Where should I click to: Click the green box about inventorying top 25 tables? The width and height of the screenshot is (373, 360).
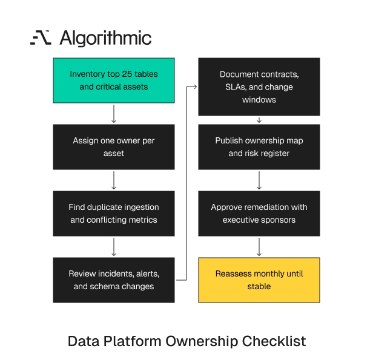pyautogui.click(x=114, y=80)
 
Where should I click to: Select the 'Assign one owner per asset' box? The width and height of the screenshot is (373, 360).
pyautogui.click(x=114, y=147)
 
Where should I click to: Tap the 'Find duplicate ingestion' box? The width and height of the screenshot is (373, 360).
pyautogui.click(x=114, y=214)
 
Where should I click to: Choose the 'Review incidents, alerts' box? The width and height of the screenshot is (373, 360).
pyautogui.click(x=114, y=280)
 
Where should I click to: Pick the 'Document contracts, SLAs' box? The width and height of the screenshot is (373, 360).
pyautogui.click(x=259, y=87)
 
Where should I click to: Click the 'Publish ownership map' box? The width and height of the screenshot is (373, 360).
pyautogui.click(x=259, y=147)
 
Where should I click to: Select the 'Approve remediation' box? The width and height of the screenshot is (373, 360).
pyautogui.click(x=259, y=214)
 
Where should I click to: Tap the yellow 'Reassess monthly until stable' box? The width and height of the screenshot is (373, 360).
pyautogui.click(x=259, y=280)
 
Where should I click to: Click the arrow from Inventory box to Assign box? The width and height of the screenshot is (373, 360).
pyautogui.click(x=114, y=114)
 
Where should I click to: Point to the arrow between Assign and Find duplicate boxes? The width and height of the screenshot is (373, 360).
pyautogui.click(x=114, y=180)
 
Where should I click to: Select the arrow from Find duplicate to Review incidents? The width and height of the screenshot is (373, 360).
pyautogui.click(x=114, y=247)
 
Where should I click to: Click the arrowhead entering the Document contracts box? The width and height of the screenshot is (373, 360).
pyautogui.click(x=195, y=87)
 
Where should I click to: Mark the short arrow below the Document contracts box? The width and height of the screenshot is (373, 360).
pyautogui.click(x=259, y=120)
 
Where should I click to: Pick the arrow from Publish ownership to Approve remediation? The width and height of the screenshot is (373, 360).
pyautogui.click(x=259, y=180)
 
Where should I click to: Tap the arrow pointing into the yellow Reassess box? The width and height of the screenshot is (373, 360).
pyautogui.click(x=259, y=247)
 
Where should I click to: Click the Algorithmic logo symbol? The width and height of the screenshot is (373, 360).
pyautogui.click(x=41, y=38)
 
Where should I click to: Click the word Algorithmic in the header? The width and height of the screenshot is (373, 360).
pyautogui.click(x=105, y=38)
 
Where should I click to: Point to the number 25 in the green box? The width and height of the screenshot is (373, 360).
pyautogui.click(x=127, y=74)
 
